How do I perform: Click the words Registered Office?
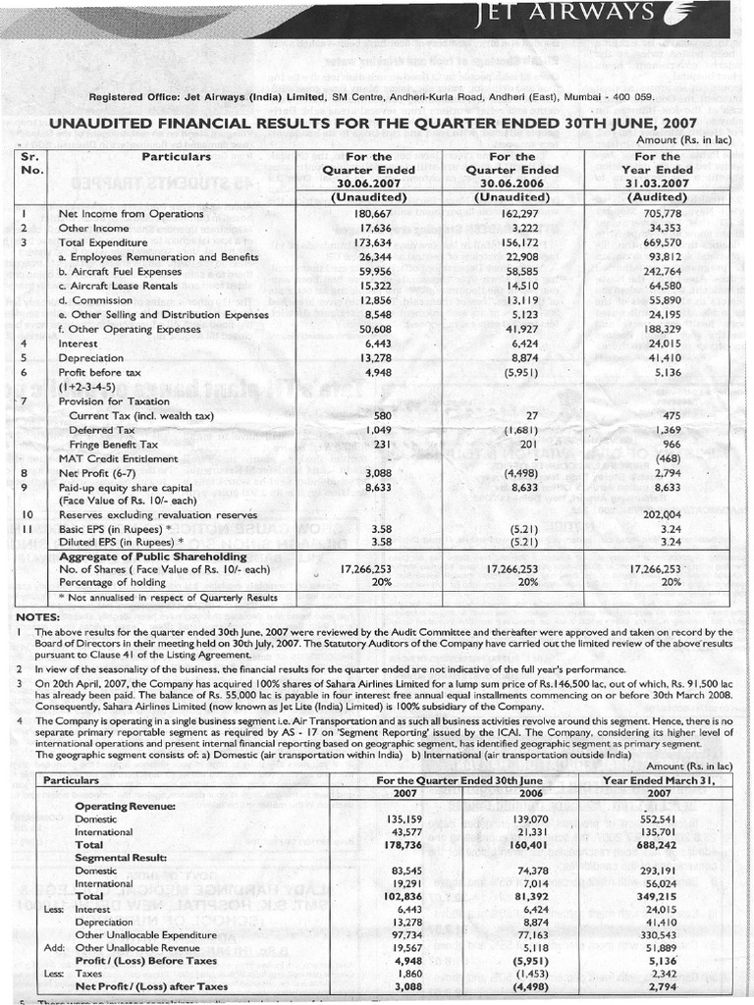[131, 96]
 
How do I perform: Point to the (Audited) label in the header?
[657, 196]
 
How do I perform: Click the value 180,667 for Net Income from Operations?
[371, 213]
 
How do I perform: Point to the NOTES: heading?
[38, 616]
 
